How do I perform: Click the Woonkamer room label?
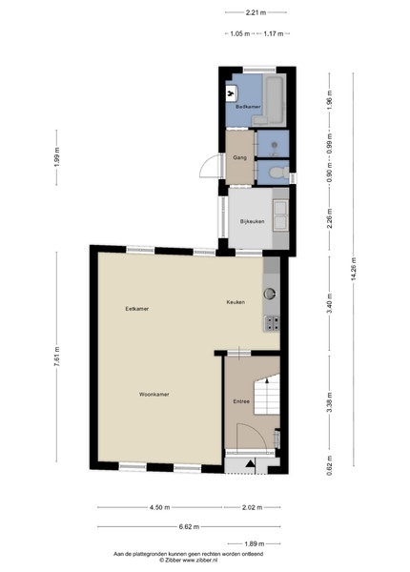tap(154, 395)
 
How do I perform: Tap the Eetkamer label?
tap(136, 309)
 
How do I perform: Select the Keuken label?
tap(236, 302)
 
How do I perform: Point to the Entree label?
tap(241, 401)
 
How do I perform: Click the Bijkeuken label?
tap(252, 221)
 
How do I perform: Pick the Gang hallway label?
tap(239, 157)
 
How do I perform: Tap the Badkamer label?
tap(248, 107)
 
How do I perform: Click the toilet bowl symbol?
tap(278, 172)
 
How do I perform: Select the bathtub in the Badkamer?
tap(274, 99)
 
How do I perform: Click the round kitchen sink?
tap(270, 294)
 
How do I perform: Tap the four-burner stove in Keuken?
tap(272, 323)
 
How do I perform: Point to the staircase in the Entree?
tap(267, 395)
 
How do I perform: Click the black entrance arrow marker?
tap(251, 463)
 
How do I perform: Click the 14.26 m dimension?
tap(353, 270)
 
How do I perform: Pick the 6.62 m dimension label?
tap(190, 526)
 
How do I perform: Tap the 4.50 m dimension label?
tap(160, 507)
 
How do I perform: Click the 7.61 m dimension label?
tap(56, 357)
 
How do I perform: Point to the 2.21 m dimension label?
tap(256, 12)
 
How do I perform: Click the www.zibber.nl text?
tap(200, 560)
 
